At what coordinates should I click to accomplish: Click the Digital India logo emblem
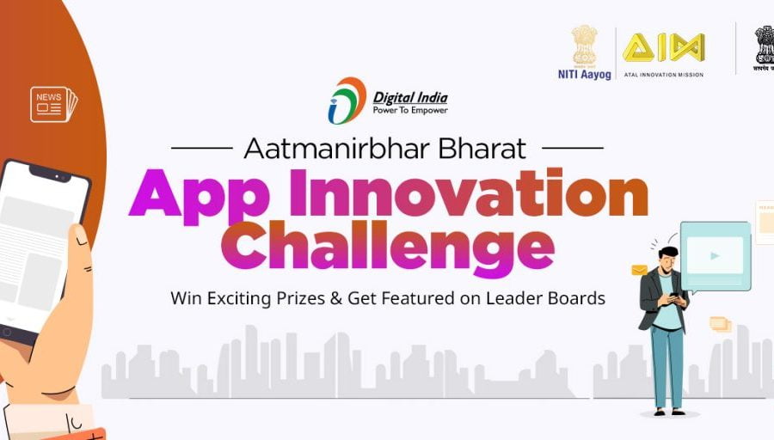347,101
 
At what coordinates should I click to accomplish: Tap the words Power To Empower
410,110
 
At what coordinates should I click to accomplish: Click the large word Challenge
387,247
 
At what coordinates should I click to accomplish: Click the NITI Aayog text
584,75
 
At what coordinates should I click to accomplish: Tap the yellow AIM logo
663,47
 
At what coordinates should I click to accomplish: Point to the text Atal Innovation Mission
663,75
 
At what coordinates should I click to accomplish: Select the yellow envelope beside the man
639,270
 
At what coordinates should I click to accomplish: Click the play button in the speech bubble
715,255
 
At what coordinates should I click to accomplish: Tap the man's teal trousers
667,365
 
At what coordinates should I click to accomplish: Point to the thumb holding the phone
81,258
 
